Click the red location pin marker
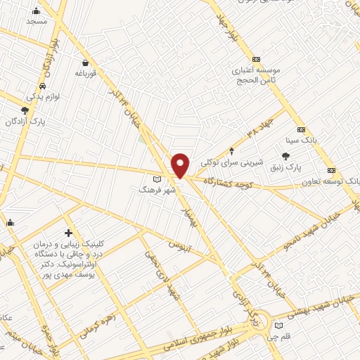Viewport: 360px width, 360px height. click(x=180, y=165)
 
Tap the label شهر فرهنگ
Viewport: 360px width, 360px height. click(x=152, y=190)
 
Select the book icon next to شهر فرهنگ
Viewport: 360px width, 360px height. click(x=166, y=179)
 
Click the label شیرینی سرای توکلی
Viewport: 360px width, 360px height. click(x=231, y=162)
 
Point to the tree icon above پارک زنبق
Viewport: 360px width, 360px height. click(x=285, y=156)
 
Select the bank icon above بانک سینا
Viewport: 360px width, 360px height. click(x=301, y=129)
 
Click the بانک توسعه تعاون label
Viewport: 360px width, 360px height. click(x=333, y=181)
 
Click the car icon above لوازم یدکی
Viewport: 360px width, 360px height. click(x=43, y=85)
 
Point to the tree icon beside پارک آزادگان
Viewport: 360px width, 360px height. click(x=25, y=110)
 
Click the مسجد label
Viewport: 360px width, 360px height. click(x=36, y=22)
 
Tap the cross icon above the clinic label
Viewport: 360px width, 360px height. click(x=68, y=232)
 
